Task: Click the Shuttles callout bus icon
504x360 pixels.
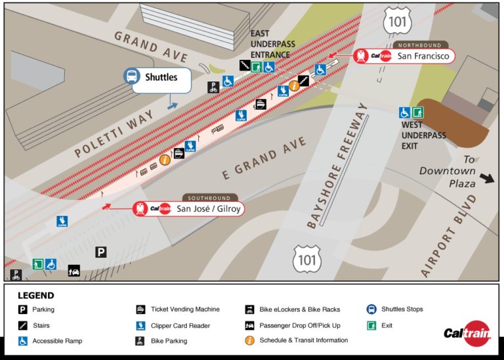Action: coord(132,76)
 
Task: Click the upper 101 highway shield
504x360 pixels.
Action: coord(400,21)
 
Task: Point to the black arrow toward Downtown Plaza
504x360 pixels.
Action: coord(488,178)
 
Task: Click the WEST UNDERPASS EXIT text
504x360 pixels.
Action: coord(423,136)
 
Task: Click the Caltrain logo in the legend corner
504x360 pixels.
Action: coord(467,333)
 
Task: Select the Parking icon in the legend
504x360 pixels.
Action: coord(22,310)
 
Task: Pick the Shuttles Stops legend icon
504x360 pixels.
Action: coord(371,309)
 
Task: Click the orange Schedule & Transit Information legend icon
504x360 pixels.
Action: coord(249,340)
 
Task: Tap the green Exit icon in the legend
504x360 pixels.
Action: coord(371,325)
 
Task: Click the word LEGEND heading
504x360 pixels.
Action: coord(35,296)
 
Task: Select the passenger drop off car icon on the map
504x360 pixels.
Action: coord(74,270)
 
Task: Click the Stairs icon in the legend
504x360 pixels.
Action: coord(22,325)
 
